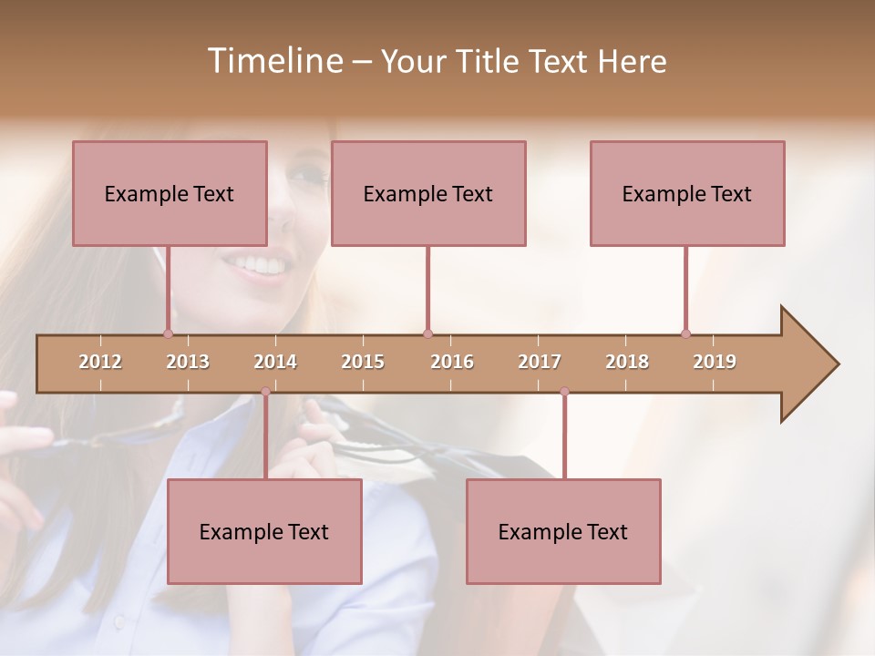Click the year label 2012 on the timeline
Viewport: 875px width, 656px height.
click(x=100, y=362)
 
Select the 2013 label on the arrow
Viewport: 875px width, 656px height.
click(x=188, y=362)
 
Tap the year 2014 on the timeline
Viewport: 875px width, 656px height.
click(x=275, y=362)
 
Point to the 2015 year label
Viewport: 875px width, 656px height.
click(x=363, y=362)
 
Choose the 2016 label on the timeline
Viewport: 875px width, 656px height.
click(x=452, y=362)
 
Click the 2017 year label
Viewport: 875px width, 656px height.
click(x=540, y=362)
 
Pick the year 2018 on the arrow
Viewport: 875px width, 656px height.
click(x=627, y=362)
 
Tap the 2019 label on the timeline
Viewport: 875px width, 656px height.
click(x=715, y=362)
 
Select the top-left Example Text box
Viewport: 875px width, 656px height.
click(x=170, y=193)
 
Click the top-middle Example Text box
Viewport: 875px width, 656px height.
click(x=428, y=193)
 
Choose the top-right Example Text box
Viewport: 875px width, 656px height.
click(x=687, y=193)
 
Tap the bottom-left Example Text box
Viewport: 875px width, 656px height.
click(x=264, y=531)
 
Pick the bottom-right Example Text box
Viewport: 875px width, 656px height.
click(x=563, y=531)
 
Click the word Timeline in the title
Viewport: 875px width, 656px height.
click(x=273, y=61)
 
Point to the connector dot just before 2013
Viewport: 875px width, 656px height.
click(x=168, y=333)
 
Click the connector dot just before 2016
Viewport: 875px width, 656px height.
click(x=427, y=333)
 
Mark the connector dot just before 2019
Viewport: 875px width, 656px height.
click(x=685, y=333)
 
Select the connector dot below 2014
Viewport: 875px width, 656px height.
click(x=265, y=392)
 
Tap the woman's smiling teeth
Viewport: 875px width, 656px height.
click(x=259, y=264)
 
